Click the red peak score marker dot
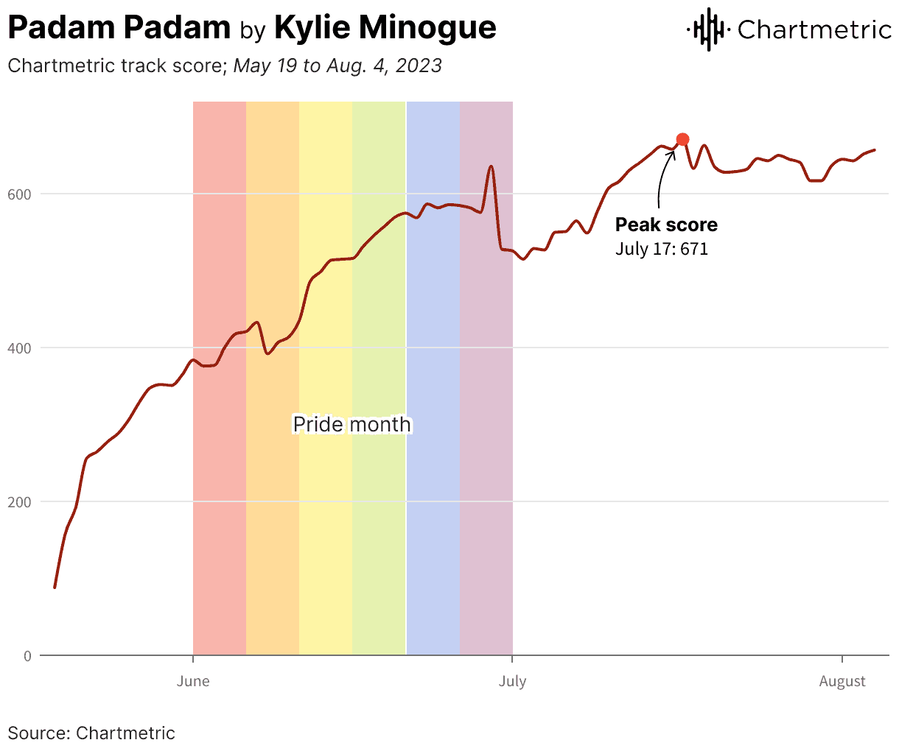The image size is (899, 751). point(682,139)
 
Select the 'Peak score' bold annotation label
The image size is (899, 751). point(666,225)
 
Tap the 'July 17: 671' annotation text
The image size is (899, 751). point(661,249)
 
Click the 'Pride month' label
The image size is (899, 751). point(351,424)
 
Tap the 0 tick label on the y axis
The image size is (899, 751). point(27,656)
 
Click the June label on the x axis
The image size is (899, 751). point(193,681)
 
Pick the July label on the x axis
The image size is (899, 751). point(512,681)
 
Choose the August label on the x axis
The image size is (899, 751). point(842,681)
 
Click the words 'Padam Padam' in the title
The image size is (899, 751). point(119,28)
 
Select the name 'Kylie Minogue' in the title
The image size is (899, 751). point(385,28)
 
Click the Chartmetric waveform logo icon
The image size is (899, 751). point(708,29)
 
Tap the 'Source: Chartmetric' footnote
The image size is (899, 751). point(91,733)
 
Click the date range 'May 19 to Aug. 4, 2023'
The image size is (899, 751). point(337,66)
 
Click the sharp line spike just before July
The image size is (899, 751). point(491,167)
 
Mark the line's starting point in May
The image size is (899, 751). point(55,587)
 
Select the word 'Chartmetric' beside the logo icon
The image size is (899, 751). point(814,29)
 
